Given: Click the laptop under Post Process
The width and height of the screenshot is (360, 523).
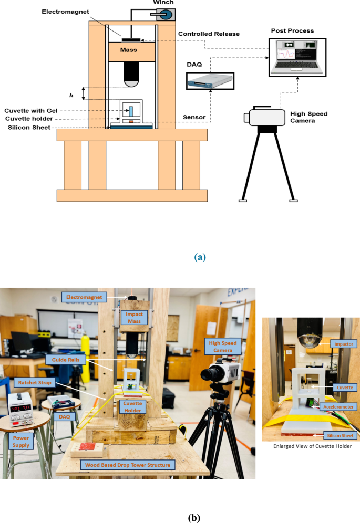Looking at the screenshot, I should click(x=296, y=58).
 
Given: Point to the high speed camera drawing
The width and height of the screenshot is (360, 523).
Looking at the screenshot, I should click(x=266, y=118).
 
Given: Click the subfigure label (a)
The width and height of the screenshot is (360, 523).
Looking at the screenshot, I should click(x=200, y=257).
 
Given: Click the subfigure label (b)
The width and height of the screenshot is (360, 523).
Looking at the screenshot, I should click(x=194, y=517).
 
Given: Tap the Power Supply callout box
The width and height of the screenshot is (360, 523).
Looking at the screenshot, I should click(x=22, y=441).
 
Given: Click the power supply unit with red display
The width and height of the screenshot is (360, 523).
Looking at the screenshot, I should click(x=22, y=410).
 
